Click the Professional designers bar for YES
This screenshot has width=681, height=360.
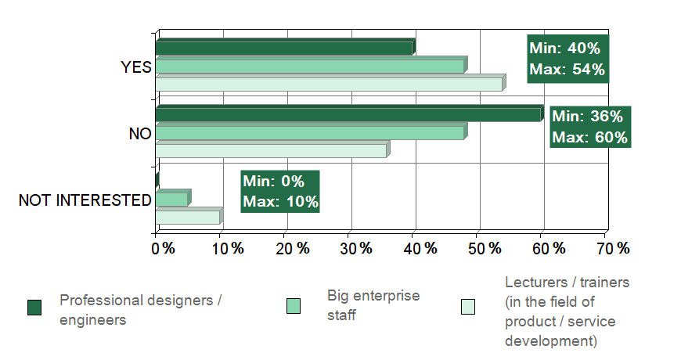(x=284, y=48)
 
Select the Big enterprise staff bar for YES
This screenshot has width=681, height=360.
(x=310, y=66)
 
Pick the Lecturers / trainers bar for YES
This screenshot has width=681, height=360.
(x=329, y=83)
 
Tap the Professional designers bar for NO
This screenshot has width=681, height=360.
(x=348, y=114)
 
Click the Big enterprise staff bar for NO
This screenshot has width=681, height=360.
(x=310, y=132)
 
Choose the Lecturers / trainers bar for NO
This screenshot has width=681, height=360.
(x=271, y=150)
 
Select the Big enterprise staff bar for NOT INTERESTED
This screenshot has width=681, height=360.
(x=172, y=199)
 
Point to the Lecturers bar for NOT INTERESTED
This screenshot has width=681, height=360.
(x=188, y=217)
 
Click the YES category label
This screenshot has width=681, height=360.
(x=136, y=67)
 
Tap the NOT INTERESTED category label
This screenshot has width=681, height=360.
(x=85, y=200)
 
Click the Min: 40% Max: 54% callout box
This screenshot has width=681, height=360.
(x=567, y=59)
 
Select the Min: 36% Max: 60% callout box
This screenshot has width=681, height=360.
(x=589, y=127)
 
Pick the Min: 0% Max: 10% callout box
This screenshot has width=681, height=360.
(x=280, y=191)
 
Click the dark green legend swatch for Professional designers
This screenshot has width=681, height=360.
(x=34, y=307)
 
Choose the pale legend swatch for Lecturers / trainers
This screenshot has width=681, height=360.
(x=468, y=307)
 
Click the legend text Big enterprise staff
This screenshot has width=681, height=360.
(x=373, y=305)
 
